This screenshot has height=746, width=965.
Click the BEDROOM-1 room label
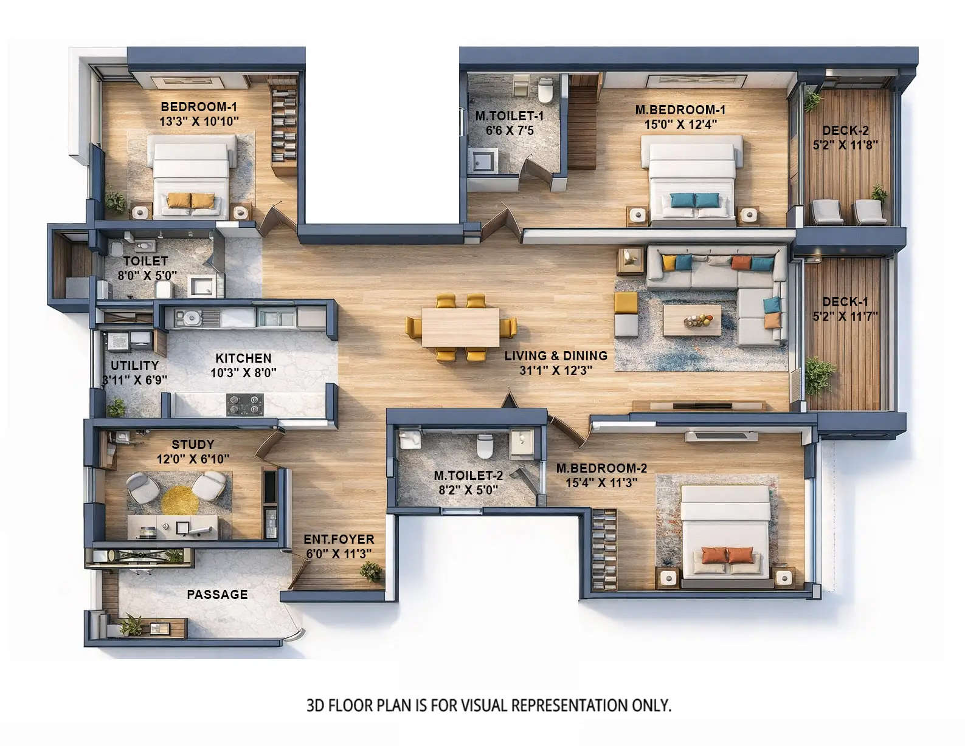click(x=199, y=107)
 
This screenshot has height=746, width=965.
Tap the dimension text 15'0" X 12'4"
click(x=680, y=125)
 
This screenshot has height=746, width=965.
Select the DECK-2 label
click(x=845, y=131)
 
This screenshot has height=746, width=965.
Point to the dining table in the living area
click(x=461, y=327)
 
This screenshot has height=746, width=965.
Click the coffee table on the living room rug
click(x=692, y=320)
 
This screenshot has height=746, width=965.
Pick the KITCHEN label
click(x=243, y=358)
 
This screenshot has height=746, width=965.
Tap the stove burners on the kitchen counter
click(x=245, y=404)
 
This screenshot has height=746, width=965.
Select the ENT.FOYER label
click(x=339, y=539)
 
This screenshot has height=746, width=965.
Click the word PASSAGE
click(x=217, y=595)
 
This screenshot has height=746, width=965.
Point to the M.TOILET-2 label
click(x=468, y=476)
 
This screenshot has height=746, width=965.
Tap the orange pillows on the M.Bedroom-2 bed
click(x=727, y=555)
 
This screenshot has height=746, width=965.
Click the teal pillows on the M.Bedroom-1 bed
click(x=694, y=200)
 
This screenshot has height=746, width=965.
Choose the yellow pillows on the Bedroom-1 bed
click(x=190, y=200)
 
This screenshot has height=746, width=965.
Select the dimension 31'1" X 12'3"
click(x=556, y=371)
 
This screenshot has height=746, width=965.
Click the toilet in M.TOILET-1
click(x=545, y=90)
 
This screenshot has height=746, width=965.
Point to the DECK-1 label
click(x=845, y=302)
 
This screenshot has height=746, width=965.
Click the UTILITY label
click(x=134, y=366)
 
